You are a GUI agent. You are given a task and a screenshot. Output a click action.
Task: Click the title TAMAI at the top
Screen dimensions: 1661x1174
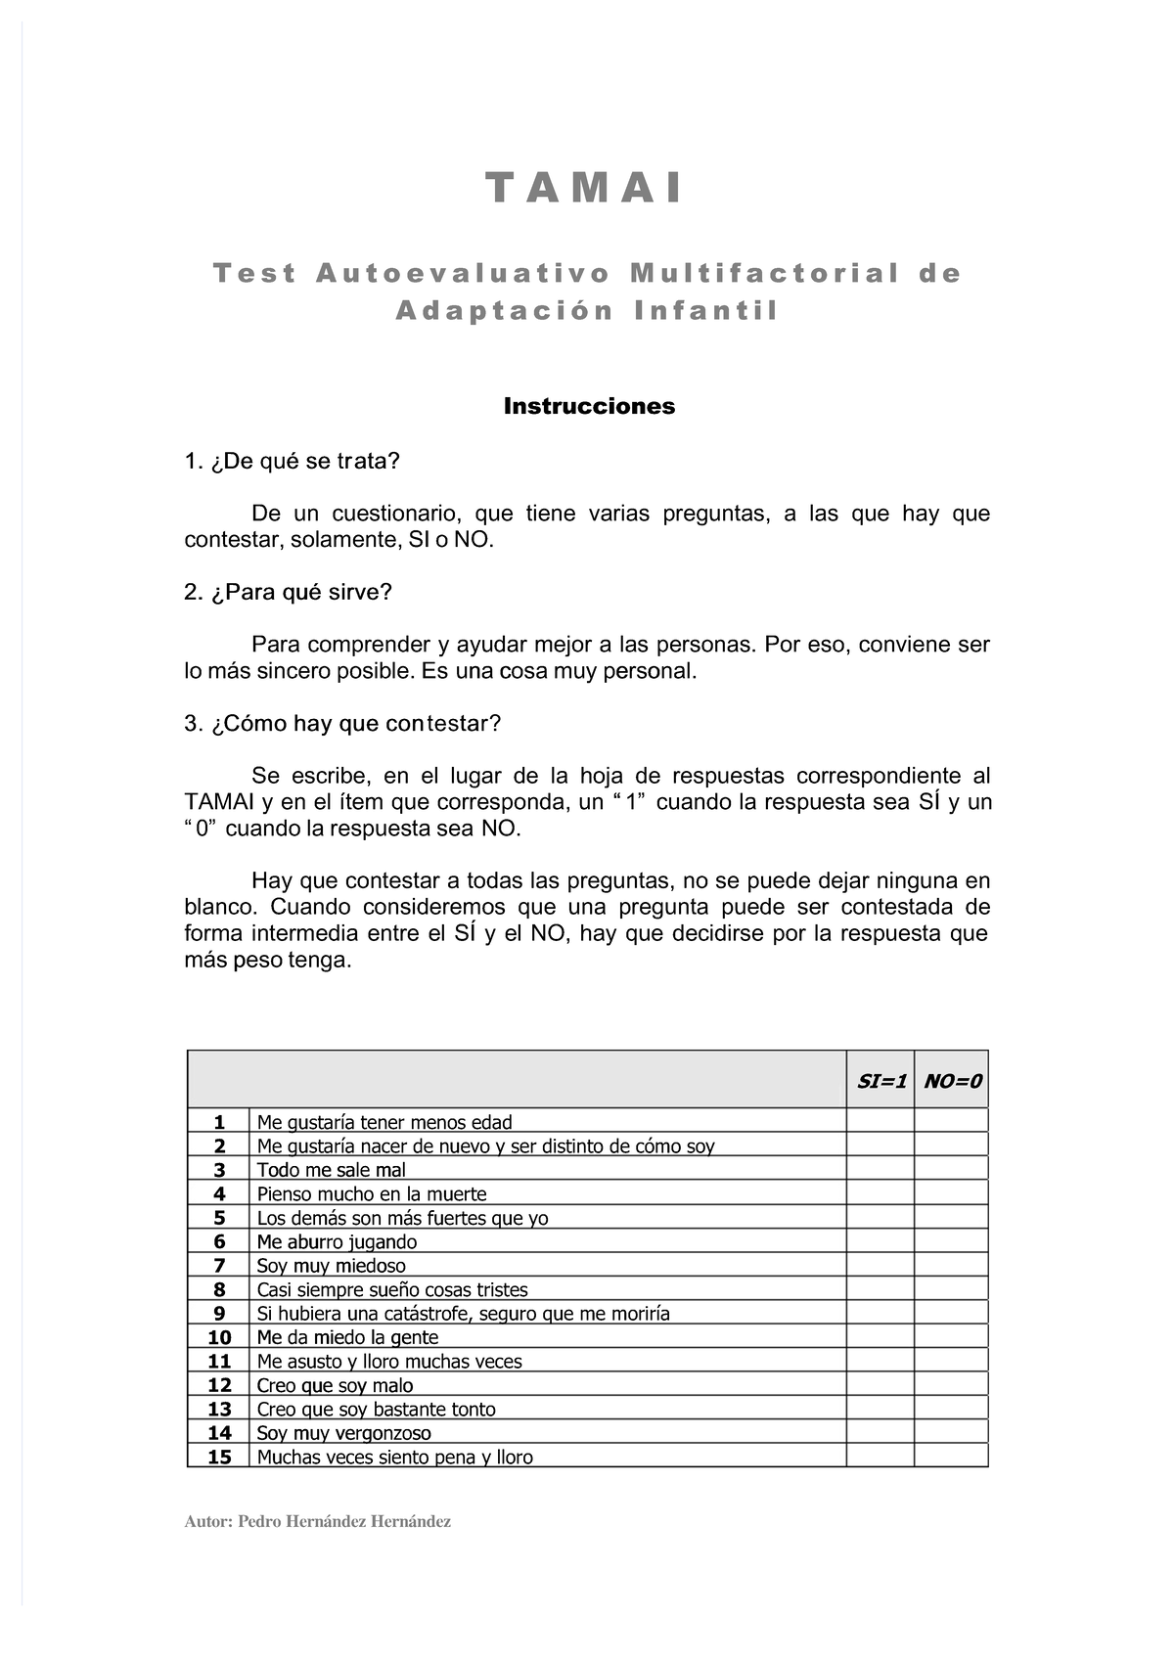pos(585,188)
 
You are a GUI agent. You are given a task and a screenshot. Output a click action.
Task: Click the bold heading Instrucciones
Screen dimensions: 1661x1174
pos(589,406)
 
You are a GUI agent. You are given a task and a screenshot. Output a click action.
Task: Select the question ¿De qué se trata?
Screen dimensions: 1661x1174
pos(293,461)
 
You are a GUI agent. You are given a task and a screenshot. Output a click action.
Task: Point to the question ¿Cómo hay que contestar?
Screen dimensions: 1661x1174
pos(342,723)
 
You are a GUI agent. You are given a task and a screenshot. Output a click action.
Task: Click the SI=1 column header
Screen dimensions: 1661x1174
pos(881,1081)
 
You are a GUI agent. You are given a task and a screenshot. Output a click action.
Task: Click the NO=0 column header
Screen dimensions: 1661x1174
pos(952,1081)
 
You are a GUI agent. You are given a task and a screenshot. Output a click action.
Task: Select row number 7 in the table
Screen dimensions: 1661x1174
pos(219,1266)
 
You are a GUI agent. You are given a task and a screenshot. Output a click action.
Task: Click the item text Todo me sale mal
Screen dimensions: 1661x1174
pos(331,1170)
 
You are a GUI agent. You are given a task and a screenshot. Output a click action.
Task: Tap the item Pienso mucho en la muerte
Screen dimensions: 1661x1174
pos(371,1193)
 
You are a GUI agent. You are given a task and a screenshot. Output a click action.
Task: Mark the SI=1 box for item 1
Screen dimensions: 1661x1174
pos(880,1121)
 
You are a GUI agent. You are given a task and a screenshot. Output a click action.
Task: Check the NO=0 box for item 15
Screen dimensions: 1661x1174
pos(951,1456)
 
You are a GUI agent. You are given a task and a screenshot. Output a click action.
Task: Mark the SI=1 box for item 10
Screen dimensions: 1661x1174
pos(880,1336)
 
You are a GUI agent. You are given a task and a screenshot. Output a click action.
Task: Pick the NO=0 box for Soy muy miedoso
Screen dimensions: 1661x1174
pos(951,1265)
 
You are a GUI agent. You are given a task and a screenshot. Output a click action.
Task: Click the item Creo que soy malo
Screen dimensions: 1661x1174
pos(335,1385)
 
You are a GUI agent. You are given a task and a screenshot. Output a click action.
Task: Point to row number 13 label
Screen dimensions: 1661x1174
pos(219,1409)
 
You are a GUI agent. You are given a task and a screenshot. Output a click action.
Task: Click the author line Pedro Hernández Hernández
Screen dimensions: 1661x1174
pos(317,1522)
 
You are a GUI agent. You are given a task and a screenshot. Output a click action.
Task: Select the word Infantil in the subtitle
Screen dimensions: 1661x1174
pos(706,311)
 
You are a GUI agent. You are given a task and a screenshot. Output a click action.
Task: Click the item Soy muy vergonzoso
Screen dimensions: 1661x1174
pos(343,1433)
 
